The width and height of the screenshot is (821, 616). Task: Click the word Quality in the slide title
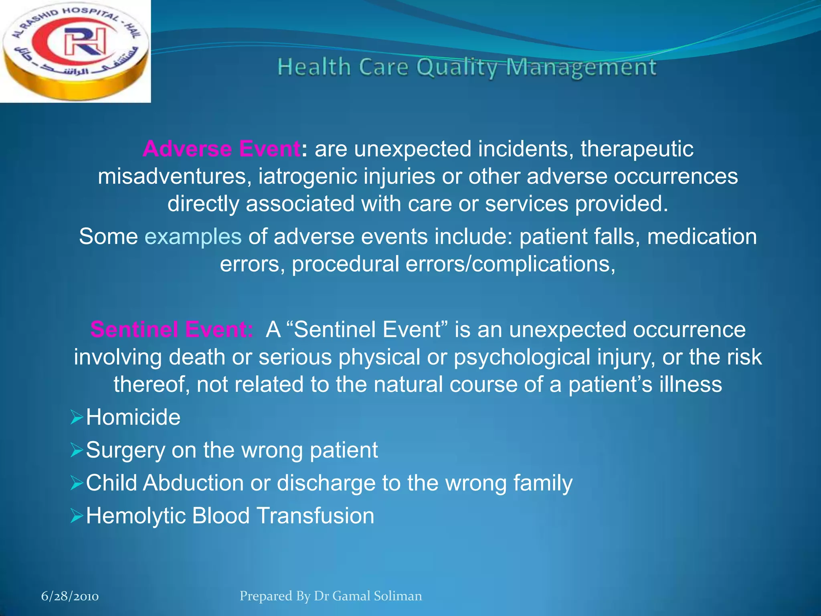(457, 67)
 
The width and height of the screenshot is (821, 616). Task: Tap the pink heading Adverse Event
(221, 149)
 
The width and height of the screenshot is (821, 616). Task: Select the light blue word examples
(193, 236)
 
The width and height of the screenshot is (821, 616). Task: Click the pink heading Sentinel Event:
(172, 330)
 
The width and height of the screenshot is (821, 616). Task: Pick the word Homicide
(133, 417)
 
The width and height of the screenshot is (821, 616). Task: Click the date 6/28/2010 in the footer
(70, 596)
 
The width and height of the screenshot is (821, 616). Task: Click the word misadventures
(174, 176)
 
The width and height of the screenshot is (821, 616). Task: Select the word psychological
(522, 357)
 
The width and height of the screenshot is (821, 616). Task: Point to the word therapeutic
(637, 149)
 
